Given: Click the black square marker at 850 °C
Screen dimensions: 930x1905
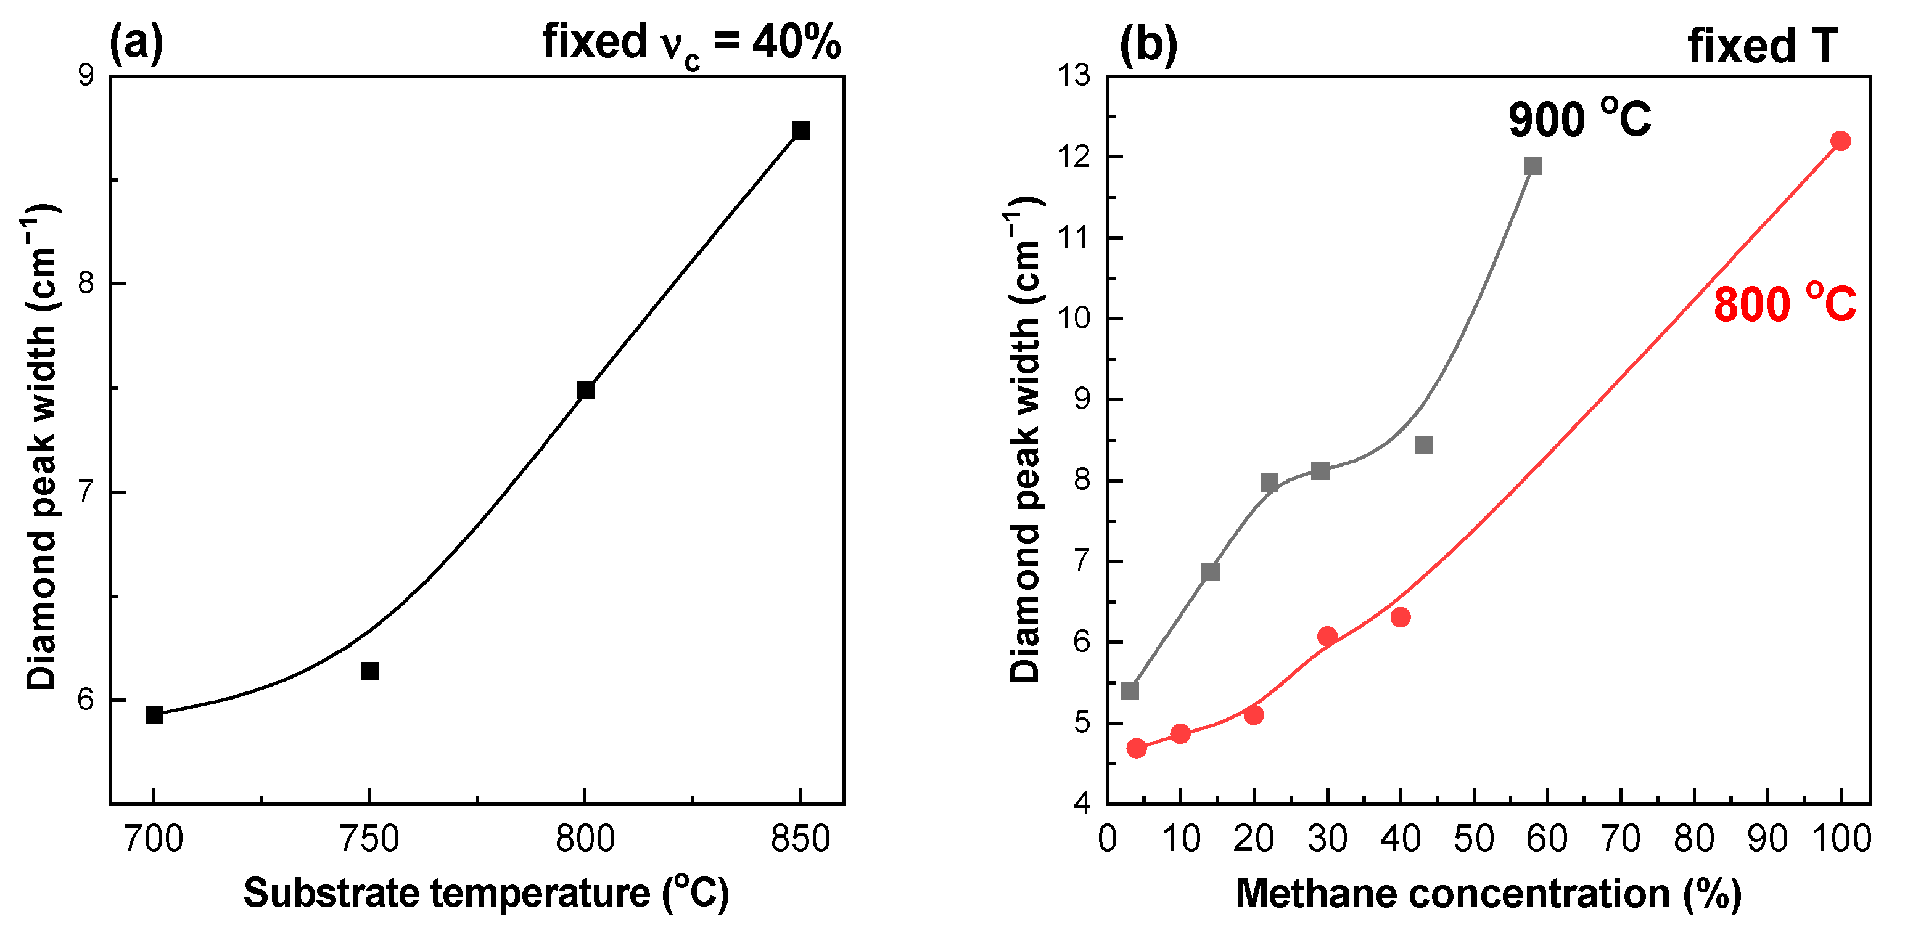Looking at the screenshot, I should point(801,131).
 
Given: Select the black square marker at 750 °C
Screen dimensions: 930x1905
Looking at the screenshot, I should point(370,671).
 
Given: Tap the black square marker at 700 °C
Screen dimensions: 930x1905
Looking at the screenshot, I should point(154,715).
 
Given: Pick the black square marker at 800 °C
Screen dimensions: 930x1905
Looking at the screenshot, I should point(585,390).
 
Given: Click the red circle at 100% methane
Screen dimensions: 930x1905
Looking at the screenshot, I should point(1841,141).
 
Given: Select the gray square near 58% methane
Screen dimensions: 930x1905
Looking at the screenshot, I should point(1533,166).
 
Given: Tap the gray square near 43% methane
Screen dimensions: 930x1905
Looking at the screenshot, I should point(1423,446).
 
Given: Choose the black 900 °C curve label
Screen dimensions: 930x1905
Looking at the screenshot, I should point(1579,118).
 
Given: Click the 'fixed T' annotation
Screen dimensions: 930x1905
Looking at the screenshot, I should point(1763,46).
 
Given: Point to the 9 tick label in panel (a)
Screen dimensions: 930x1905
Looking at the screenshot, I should point(86,75).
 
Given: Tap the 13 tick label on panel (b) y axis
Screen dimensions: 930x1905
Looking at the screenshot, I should point(1074,75).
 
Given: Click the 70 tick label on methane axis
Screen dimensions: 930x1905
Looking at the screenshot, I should point(1620,839).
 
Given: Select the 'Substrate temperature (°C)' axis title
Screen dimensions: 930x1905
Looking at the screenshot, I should point(486,893).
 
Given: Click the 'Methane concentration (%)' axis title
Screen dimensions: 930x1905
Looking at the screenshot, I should point(1488,893).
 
